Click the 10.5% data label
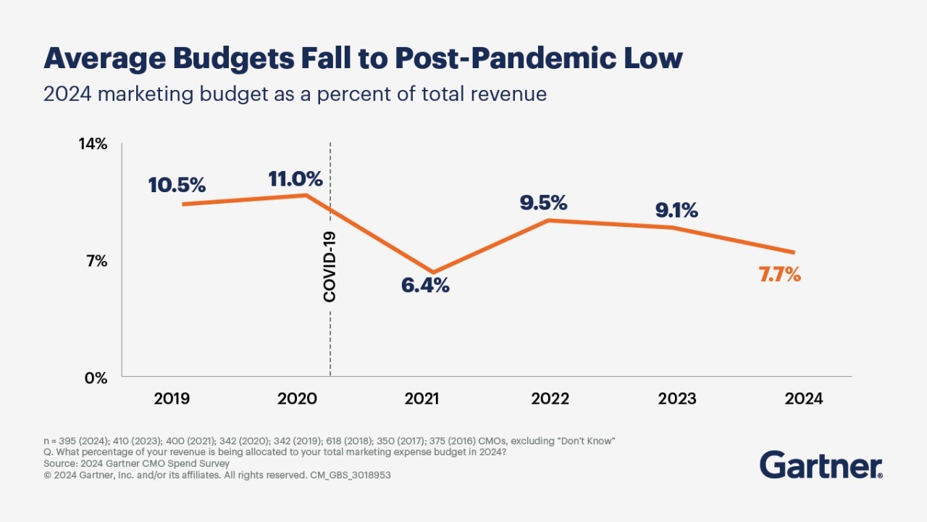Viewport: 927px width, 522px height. coord(177,185)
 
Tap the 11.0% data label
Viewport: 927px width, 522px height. coord(295,179)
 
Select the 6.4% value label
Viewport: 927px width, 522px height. coord(425,286)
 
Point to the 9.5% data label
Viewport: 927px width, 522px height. coord(543,202)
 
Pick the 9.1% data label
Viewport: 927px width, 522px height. coord(676,210)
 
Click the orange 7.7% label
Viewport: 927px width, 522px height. coord(780,275)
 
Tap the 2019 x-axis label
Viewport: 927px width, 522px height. coord(172,399)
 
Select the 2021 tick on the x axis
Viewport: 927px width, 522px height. coord(421,399)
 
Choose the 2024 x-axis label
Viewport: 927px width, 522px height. coord(805,399)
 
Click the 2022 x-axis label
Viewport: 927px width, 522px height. coord(550,399)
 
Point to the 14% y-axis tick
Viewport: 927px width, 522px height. coord(93,144)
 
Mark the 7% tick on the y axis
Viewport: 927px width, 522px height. coord(97,261)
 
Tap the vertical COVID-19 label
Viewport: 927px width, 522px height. coord(330,267)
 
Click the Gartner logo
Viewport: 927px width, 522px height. coord(821,465)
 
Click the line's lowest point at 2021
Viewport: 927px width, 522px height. coord(433,273)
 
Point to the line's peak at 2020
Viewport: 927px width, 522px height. coord(306,194)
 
